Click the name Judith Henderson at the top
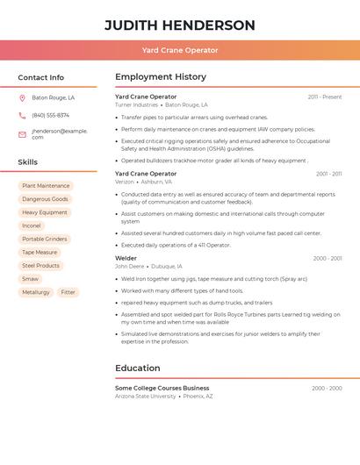tap(180, 25)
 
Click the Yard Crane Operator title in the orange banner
tap(180, 50)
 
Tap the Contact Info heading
tap(41, 77)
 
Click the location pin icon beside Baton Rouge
tap(22, 98)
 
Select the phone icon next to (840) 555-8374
tap(22, 115)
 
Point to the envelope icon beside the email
tap(22, 134)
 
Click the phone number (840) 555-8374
tap(50, 115)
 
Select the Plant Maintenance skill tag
tap(46, 186)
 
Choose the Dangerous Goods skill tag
tap(45, 199)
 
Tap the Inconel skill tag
tap(32, 225)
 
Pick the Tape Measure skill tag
tap(40, 252)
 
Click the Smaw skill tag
tap(31, 279)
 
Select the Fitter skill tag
tap(68, 292)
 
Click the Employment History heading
tap(161, 77)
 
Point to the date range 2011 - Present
tap(324, 97)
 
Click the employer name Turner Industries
tap(136, 104)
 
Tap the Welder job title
tap(126, 259)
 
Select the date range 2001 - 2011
tap(328, 175)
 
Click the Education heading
tap(138, 368)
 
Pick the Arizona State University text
tap(145, 396)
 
